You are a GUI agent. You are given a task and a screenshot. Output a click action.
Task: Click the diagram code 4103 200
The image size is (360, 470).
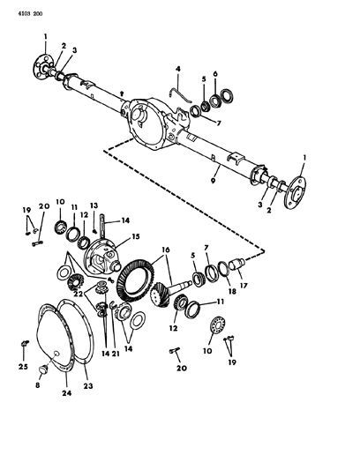point(28,14)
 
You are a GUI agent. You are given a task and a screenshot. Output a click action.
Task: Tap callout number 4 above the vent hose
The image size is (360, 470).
point(178,69)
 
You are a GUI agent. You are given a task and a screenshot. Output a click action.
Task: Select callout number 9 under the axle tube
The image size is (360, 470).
point(213,181)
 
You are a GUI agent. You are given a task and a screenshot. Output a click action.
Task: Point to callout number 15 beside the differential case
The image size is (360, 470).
point(135,237)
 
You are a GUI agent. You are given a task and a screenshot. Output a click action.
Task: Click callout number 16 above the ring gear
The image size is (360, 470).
point(166,250)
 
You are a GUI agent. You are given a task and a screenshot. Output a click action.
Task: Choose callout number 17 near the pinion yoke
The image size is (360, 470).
point(244,286)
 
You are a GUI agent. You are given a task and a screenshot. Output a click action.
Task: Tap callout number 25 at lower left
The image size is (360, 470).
point(24,367)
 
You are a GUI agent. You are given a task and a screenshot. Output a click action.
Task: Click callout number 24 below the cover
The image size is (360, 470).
point(66,392)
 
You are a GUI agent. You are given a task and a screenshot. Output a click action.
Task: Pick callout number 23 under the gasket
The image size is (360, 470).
point(88,386)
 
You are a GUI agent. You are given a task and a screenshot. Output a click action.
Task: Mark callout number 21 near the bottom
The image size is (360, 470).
point(116,354)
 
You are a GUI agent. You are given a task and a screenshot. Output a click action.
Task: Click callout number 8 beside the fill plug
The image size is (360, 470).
point(37,385)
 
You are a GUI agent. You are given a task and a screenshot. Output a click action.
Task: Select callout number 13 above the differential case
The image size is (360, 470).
point(94,205)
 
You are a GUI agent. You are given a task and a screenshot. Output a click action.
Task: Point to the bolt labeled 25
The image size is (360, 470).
point(25,343)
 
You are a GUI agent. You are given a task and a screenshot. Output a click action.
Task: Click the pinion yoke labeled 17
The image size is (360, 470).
point(237,264)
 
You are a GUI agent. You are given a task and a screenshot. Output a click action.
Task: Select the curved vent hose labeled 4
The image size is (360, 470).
point(179,94)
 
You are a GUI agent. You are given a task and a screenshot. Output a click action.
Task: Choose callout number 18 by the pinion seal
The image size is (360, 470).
point(232,291)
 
